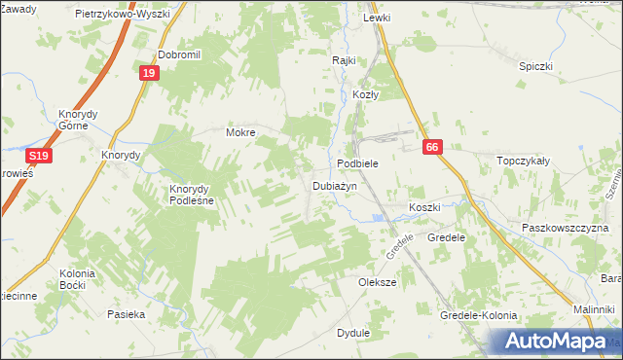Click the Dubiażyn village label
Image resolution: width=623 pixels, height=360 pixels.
335,185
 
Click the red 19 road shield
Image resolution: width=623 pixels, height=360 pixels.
147,73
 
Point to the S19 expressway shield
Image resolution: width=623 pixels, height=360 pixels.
38,156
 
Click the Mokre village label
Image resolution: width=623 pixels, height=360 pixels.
240,132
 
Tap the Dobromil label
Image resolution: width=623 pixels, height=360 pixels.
178,55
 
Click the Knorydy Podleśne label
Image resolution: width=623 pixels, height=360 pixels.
199,194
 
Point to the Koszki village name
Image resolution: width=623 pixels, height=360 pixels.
424,208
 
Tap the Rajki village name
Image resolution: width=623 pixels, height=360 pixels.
344,59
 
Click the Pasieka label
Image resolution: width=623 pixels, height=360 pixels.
127,314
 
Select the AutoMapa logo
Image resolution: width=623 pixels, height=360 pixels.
551,341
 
